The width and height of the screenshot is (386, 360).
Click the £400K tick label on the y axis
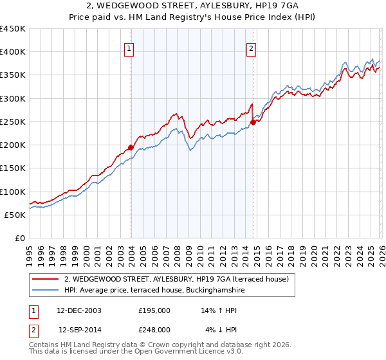(x=12, y=52)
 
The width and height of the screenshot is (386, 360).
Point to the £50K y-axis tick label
(x=15, y=215)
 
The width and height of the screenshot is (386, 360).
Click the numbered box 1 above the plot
(x=130, y=48)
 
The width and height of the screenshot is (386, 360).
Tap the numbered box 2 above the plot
(x=251, y=48)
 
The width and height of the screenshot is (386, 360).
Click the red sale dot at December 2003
(x=131, y=147)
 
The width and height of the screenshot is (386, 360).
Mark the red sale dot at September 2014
(x=253, y=122)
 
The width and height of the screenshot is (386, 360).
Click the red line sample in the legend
(x=46, y=279)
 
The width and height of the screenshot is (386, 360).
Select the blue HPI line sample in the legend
(x=46, y=290)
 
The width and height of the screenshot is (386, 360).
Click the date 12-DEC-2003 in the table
(x=79, y=310)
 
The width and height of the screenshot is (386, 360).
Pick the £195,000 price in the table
(x=154, y=310)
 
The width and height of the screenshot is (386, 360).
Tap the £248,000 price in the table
(x=154, y=329)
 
